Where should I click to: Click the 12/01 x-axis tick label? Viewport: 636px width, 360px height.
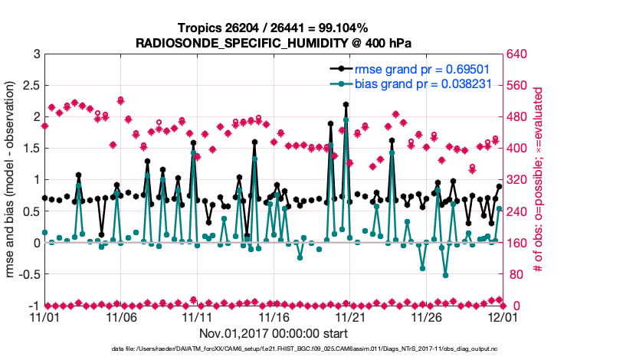(x=501, y=316)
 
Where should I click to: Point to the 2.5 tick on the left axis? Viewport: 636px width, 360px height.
(x=31, y=85)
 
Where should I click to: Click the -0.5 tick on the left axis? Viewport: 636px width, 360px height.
(x=28, y=274)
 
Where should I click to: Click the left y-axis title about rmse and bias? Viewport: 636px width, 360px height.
(x=13, y=180)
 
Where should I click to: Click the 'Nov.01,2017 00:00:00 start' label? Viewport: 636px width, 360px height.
(x=273, y=333)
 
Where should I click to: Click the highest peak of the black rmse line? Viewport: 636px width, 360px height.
(x=346, y=104)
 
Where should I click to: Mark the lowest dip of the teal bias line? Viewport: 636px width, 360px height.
(x=445, y=275)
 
